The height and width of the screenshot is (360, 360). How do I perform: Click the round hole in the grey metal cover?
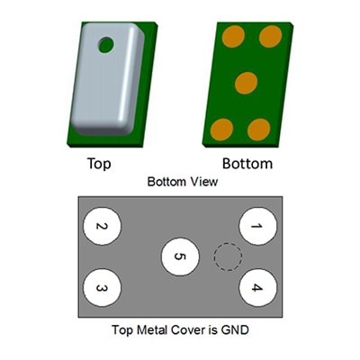tap(106, 45)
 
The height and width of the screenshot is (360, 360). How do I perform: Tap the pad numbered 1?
tap(257, 226)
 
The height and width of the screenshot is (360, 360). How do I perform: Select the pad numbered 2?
tap(102, 226)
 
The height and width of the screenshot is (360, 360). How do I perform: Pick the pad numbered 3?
tap(102, 287)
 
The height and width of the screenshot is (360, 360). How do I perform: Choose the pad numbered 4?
tap(257, 287)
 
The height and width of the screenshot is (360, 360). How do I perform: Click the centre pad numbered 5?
tap(180, 256)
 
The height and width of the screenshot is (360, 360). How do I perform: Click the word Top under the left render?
tap(99, 164)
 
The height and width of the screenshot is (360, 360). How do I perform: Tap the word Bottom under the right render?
tap(247, 164)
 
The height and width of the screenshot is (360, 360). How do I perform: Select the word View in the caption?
tap(205, 182)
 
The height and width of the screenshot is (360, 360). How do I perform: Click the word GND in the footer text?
tap(235, 330)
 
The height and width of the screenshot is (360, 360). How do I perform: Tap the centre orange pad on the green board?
tap(246, 83)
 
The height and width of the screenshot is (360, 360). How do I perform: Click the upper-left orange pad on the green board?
tap(233, 36)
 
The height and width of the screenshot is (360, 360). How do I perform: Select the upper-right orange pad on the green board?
tap(270, 36)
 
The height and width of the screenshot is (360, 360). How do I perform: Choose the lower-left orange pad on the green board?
tap(221, 130)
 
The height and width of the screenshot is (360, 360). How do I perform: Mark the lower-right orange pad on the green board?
tap(259, 130)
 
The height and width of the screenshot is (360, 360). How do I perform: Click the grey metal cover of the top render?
tap(106, 87)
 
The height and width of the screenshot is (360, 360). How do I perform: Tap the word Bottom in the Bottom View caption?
tap(168, 182)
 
